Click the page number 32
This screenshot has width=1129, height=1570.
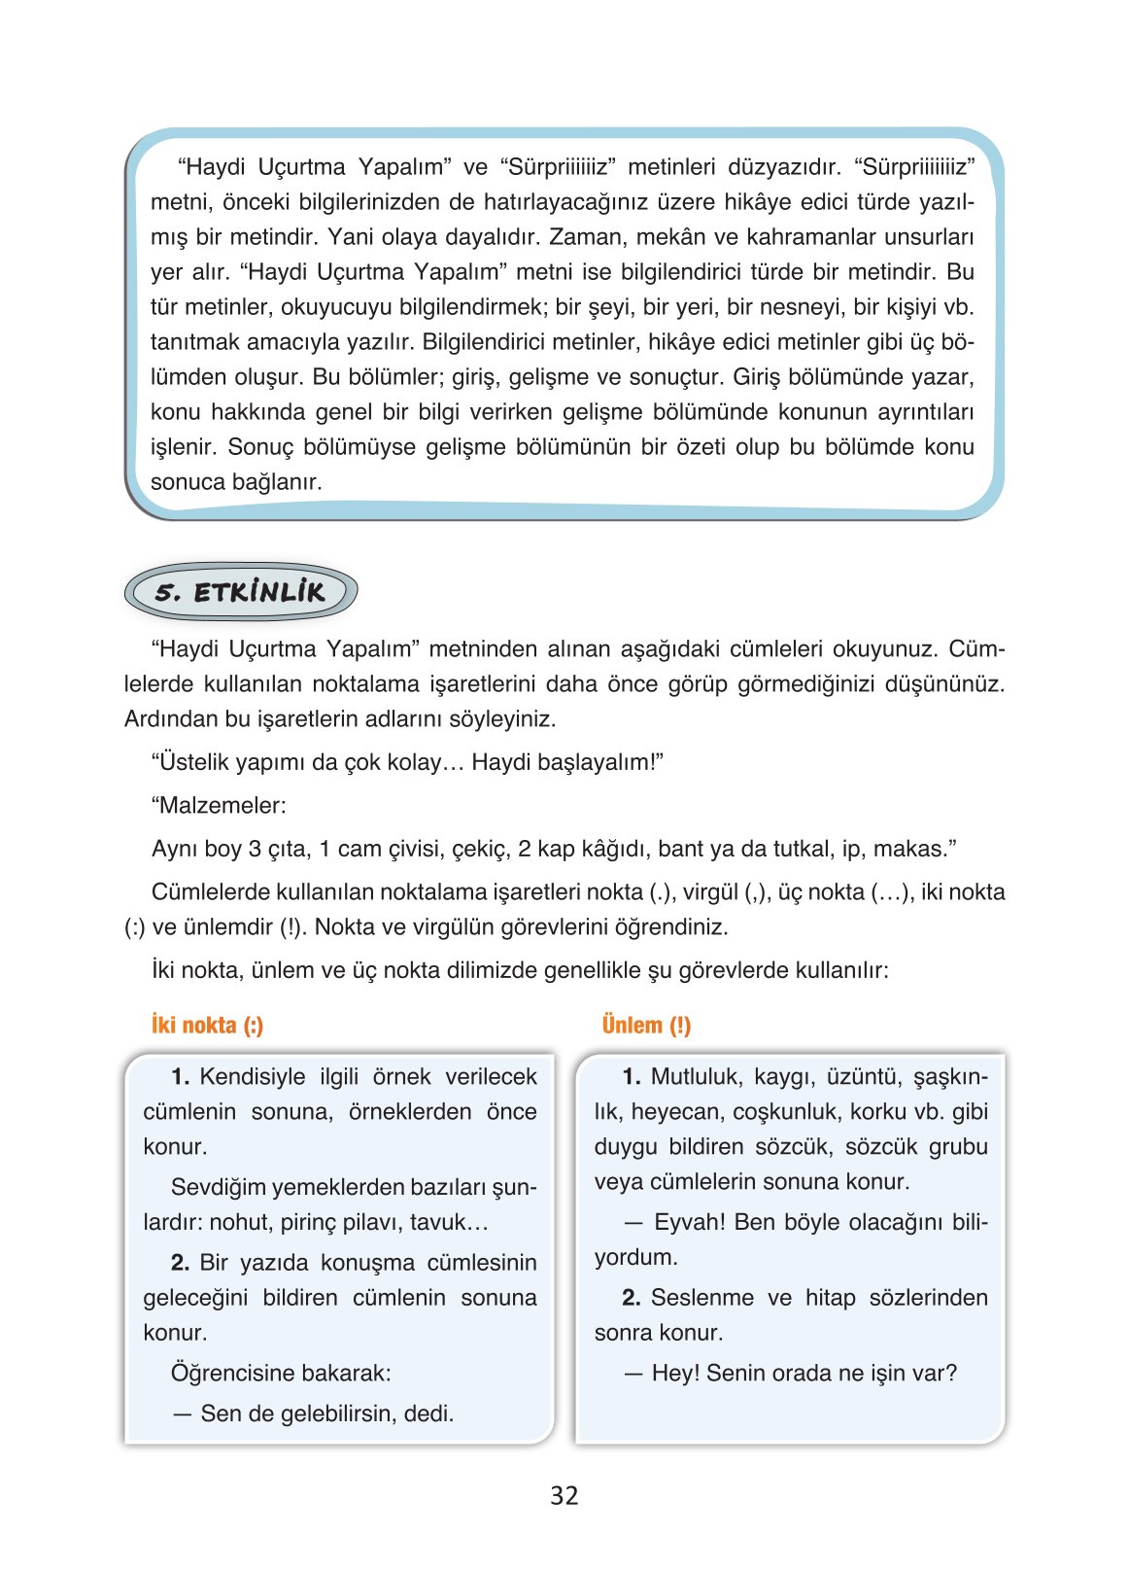[564, 1495]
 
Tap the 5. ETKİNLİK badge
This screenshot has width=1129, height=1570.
[241, 592]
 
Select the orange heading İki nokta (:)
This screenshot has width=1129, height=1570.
[207, 1026]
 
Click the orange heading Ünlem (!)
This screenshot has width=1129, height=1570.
[646, 1026]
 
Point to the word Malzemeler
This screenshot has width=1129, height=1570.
[222, 806]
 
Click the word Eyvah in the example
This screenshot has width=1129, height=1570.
[688, 1222]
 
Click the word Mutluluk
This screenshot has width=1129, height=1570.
[694, 1077]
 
